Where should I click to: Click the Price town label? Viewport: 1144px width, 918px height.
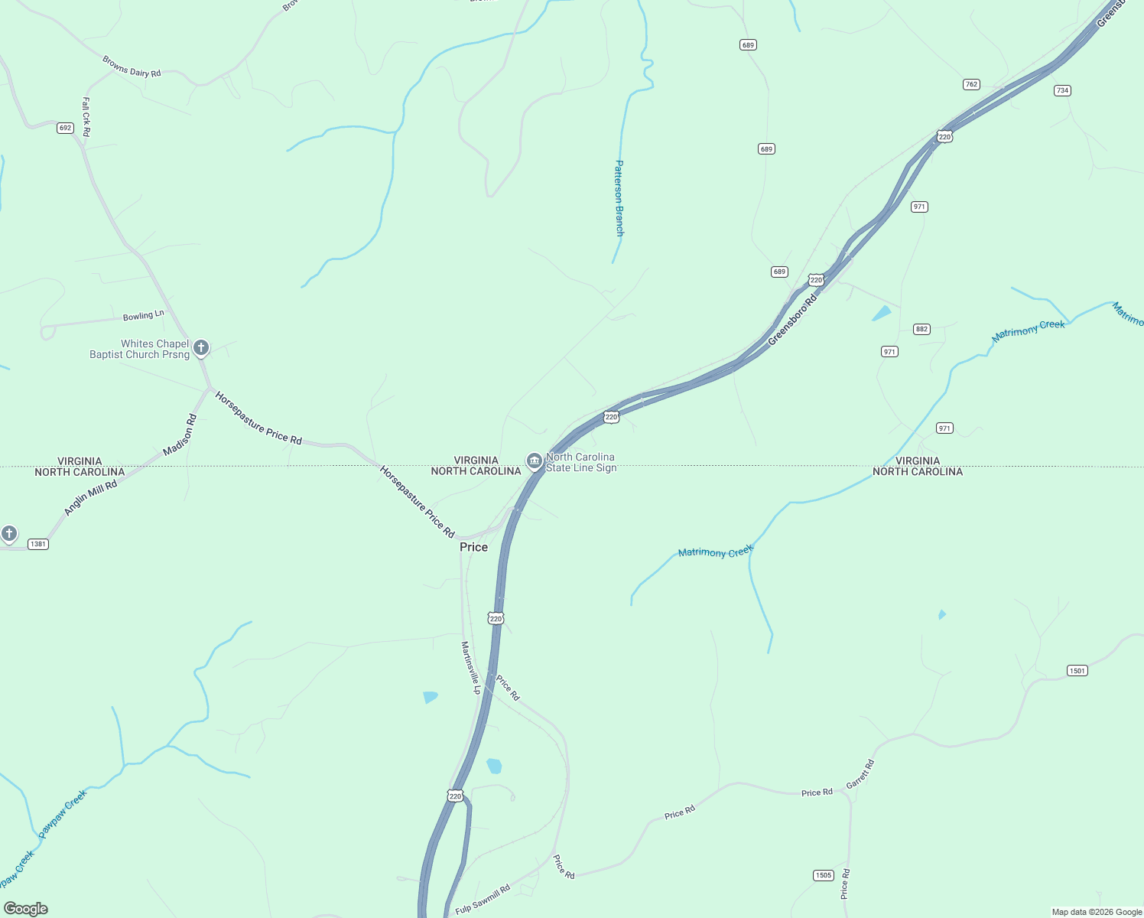[473, 547]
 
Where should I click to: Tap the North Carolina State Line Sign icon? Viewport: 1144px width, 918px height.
[535, 461]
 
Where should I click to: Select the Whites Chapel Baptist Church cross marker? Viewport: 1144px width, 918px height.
[201, 348]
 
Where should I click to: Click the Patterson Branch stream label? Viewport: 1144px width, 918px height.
[619, 197]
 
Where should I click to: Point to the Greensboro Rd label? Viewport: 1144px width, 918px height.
[792, 320]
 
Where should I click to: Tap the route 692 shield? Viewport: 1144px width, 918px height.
[65, 128]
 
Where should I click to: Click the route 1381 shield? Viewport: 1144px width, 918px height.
[37, 544]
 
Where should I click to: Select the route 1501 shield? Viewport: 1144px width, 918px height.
[1077, 671]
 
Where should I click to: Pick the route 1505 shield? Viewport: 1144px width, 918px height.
[823, 875]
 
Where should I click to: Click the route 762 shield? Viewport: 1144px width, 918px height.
[971, 84]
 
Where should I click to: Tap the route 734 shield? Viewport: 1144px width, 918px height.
[1062, 90]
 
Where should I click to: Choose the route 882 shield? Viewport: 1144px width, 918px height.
[921, 329]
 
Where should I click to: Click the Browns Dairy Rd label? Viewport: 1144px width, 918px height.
[132, 67]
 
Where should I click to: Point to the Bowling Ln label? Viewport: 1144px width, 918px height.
[144, 315]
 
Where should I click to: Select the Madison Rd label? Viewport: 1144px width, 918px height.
[180, 435]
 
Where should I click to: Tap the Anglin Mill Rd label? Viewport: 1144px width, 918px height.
[90, 498]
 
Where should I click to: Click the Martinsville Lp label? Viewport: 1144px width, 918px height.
[471, 667]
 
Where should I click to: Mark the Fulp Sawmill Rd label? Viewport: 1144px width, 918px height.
[483, 900]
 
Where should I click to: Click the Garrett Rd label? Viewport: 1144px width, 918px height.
[860, 774]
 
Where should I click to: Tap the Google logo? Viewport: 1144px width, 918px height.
[26, 909]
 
